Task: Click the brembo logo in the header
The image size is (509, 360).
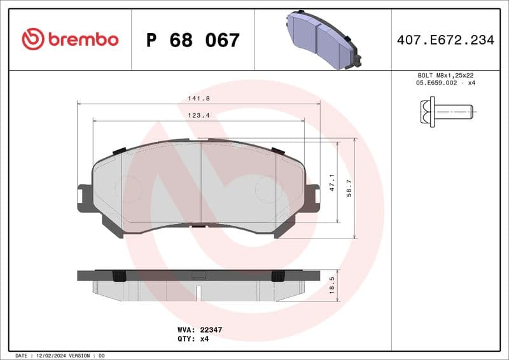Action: (70, 39)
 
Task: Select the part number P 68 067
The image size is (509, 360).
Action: (193, 40)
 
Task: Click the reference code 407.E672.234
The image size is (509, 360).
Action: (445, 40)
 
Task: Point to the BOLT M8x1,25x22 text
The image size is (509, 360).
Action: (445, 75)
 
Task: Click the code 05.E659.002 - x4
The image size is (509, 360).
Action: (445, 83)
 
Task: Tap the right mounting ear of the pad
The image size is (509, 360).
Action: (312, 198)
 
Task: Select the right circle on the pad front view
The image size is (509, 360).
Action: (265, 189)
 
